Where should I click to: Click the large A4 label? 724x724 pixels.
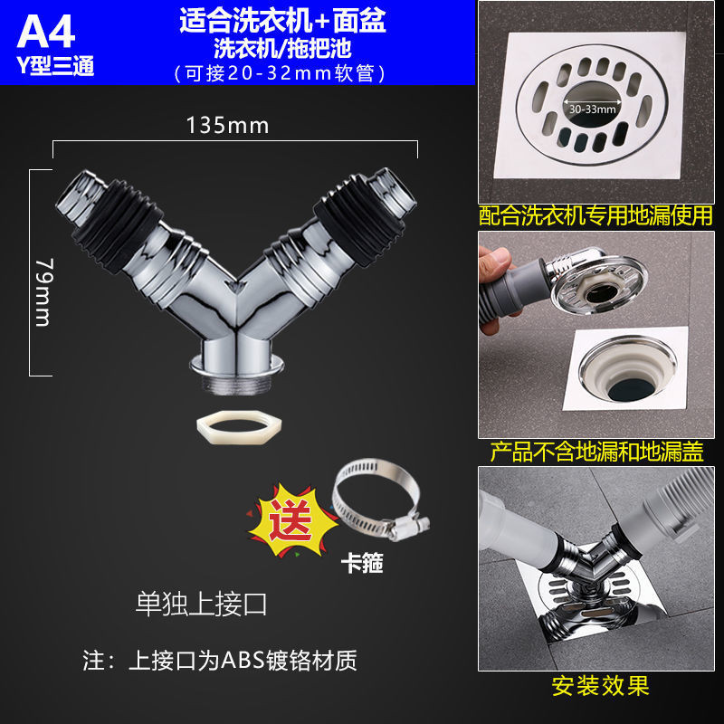tap(46, 32)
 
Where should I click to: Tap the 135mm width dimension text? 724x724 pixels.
tap(227, 126)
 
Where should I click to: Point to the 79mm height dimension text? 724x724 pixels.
tap(43, 292)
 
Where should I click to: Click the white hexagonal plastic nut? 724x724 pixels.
tap(239, 427)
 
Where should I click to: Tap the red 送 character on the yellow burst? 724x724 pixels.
tap(290, 519)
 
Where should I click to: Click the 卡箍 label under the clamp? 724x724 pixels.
tap(362, 563)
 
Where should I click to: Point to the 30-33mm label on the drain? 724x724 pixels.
tap(593, 109)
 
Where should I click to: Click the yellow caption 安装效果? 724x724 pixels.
tap(600, 686)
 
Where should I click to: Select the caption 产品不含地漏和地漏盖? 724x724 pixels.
tap(596, 452)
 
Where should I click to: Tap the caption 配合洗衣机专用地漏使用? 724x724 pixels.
tap(595, 216)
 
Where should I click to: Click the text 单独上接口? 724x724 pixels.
tap(201, 604)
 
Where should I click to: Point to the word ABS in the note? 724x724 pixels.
tap(243, 661)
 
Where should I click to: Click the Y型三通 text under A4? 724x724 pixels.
tap(55, 65)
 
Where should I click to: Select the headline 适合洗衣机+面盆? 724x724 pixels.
tap(282, 21)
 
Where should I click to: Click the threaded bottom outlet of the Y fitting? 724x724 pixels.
tap(237, 383)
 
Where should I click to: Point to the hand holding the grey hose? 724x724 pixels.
tap(496, 286)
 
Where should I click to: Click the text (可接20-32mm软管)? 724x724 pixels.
tap(280, 73)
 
